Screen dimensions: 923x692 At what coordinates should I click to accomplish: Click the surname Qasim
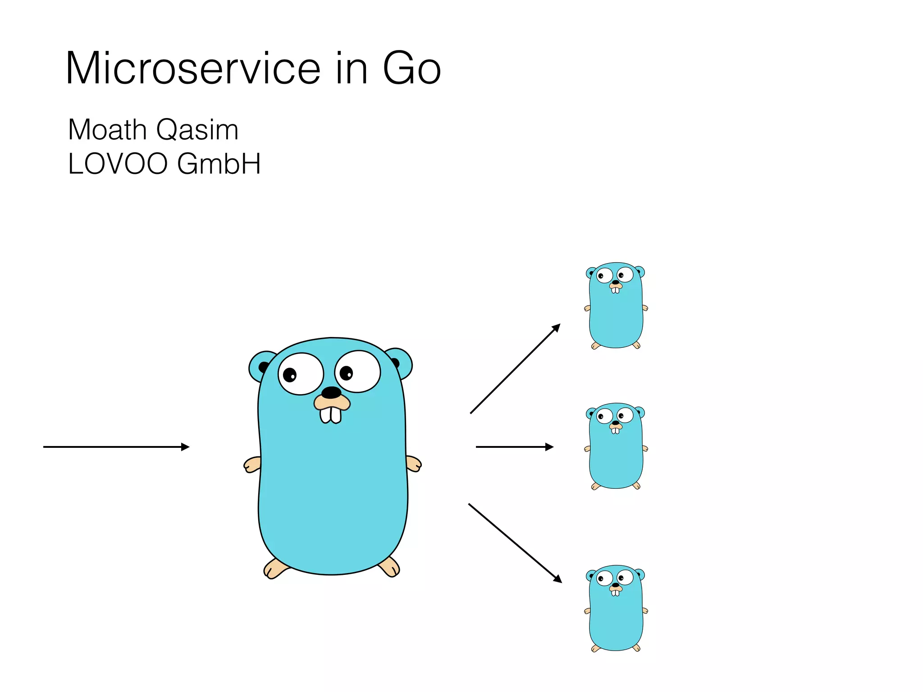pyautogui.click(x=197, y=130)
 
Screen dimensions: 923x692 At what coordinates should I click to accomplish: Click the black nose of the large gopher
pyautogui.click(x=331, y=392)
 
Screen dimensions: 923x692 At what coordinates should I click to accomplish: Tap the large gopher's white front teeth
pyautogui.click(x=330, y=414)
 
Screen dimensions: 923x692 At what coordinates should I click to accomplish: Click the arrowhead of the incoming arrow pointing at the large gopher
pyautogui.click(x=185, y=447)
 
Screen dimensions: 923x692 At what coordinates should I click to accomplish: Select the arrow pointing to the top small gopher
pyautogui.click(x=515, y=369)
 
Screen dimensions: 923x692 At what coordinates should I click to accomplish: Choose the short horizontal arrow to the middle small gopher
pyautogui.click(x=514, y=447)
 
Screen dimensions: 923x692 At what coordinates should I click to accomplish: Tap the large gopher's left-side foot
pyautogui.click(x=274, y=568)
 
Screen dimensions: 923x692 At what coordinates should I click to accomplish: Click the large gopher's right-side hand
pyautogui.click(x=414, y=464)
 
